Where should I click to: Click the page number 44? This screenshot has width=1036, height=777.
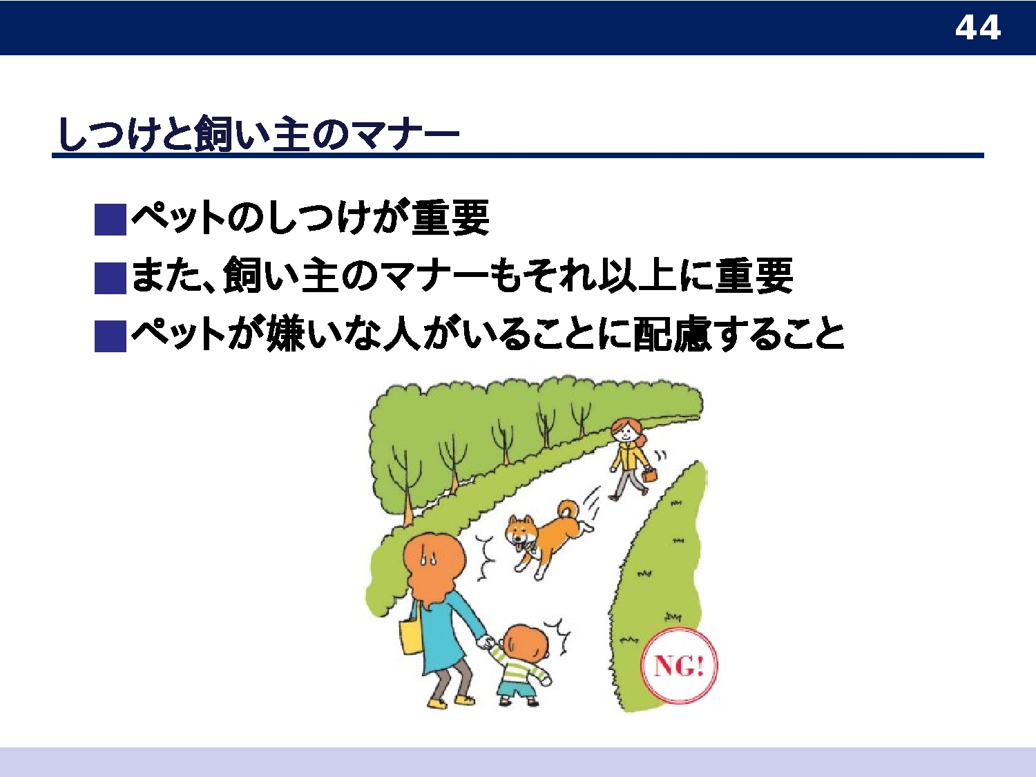click(977, 28)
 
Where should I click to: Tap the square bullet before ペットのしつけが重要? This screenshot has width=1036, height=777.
click(111, 220)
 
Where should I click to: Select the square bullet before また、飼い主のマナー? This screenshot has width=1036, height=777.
click(111, 278)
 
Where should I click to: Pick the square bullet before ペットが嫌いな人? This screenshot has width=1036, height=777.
click(111, 336)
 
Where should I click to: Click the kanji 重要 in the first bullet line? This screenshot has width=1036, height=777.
click(451, 218)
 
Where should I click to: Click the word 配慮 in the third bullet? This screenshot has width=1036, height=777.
click(672, 334)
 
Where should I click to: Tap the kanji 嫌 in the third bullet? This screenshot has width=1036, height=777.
click(286, 334)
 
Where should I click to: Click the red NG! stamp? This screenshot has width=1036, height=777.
click(679, 666)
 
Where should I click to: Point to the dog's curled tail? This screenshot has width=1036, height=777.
click(568, 512)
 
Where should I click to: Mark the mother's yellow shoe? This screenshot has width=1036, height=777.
click(437, 703)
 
